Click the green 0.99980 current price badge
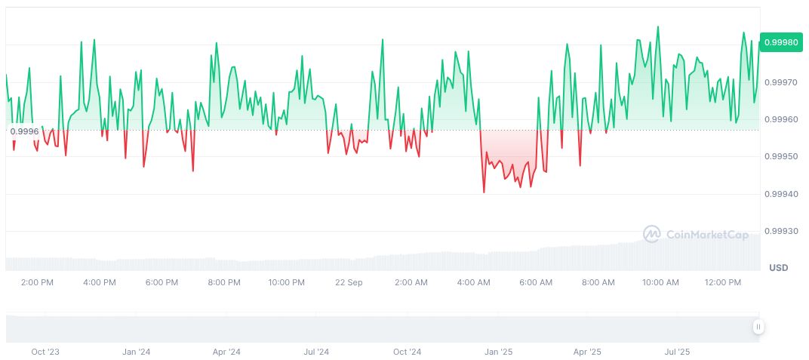(x=781, y=43)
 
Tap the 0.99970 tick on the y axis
(x=781, y=82)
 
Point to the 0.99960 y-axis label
(x=781, y=119)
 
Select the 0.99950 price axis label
(x=781, y=156)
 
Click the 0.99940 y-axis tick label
(x=781, y=194)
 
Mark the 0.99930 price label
(x=781, y=231)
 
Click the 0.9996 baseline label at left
(x=23, y=131)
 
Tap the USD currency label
(x=778, y=268)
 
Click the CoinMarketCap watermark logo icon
(x=651, y=235)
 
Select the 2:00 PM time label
(x=37, y=282)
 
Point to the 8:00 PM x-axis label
(x=224, y=282)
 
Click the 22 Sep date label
(x=349, y=282)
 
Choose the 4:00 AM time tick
(x=474, y=282)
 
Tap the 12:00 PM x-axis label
(x=723, y=282)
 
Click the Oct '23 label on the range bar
(x=45, y=352)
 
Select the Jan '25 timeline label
(x=498, y=352)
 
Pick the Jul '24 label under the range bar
(x=317, y=352)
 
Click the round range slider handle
(x=758, y=327)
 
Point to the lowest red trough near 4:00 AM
(x=484, y=192)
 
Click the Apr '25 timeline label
(x=587, y=352)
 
